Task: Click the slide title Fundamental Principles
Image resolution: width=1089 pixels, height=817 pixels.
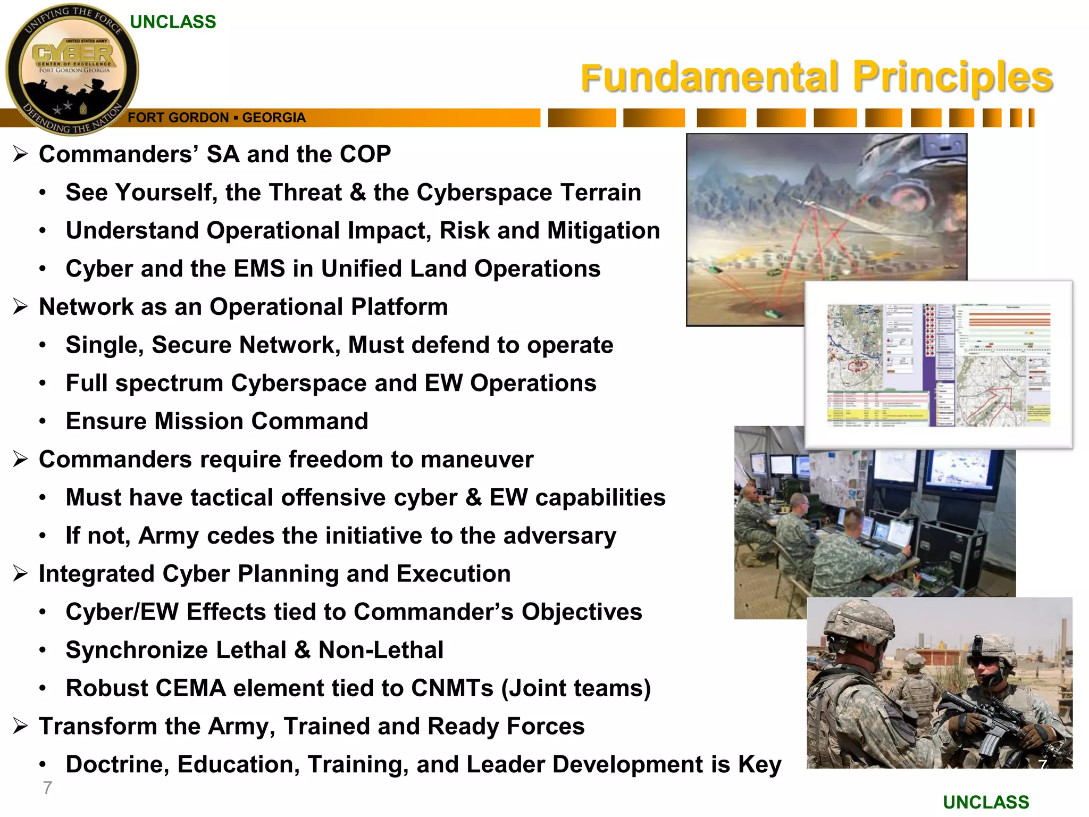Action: (x=816, y=77)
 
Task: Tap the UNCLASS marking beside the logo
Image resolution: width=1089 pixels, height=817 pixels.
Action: (x=173, y=22)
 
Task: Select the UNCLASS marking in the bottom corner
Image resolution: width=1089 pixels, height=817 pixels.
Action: (x=986, y=802)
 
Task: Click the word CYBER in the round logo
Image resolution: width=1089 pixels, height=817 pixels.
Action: (x=73, y=54)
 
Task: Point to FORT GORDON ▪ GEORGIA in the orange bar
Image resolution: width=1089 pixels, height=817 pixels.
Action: (x=216, y=118)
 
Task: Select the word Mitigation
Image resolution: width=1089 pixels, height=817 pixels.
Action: (x=603, y=230)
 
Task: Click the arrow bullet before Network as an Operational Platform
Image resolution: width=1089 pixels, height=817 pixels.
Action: (x=20, y=307)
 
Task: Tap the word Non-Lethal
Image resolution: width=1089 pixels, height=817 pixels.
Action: (x=381, y=650)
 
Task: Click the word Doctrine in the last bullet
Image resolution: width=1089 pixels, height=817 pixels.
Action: (x=117, y=764)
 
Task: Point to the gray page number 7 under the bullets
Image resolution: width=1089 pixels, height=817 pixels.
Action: (x=47, y=788)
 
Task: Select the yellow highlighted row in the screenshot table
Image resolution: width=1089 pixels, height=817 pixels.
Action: (x=877, y=414)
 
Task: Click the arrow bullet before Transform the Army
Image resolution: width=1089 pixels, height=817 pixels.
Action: (x=20, y=726)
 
